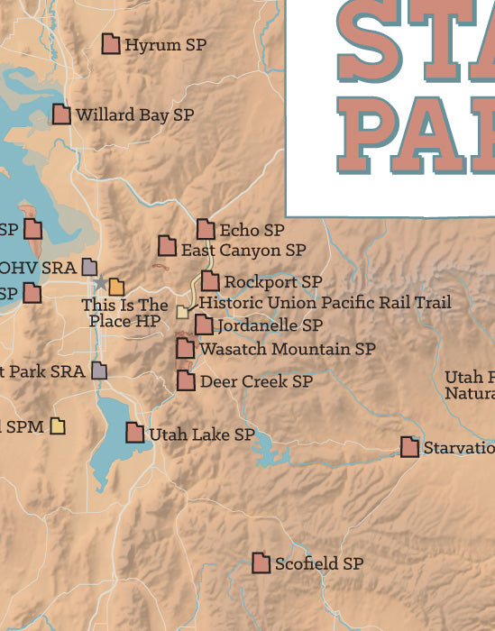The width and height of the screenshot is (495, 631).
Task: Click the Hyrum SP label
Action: [165, 44]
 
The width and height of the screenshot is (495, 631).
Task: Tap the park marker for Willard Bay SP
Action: [61, 114]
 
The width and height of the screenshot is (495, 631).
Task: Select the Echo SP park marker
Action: [206, 230]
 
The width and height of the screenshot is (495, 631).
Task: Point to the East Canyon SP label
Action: [243, 250]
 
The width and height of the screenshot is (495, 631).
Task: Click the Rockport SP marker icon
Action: [210, 281]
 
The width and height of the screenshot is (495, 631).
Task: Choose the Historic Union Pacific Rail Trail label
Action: [325, 303]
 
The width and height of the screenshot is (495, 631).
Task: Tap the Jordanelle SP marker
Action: [205, 325]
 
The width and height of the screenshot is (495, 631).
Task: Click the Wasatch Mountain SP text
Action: [288, 348]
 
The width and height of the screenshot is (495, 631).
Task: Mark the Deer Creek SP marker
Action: [186, 380]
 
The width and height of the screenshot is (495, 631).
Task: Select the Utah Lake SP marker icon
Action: [134, 433]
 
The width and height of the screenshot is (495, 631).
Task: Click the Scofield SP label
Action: [318, 563]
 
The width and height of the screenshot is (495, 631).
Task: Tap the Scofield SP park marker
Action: [261, 563]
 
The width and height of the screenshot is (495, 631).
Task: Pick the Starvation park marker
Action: [409, 447]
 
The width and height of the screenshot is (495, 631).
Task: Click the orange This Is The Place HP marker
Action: [116, 288]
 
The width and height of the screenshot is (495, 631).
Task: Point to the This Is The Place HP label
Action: [124, 313]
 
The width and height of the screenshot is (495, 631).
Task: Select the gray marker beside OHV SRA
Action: [89, 267]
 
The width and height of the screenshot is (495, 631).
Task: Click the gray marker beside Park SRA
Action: [99, 370]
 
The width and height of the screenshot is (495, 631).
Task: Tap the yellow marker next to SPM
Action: [59, 425]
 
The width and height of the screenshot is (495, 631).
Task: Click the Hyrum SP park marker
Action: [111, 44]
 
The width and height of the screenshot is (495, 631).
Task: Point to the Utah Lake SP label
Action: [202, 434]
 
